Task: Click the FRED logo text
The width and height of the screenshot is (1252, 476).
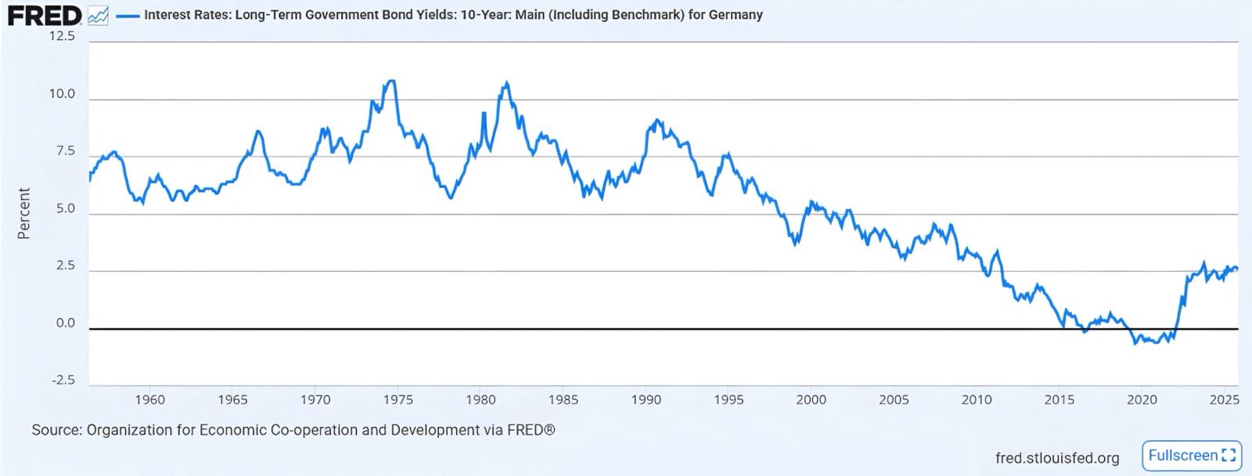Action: tap(45, 15)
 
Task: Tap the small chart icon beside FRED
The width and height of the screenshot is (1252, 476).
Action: tap(98, 15)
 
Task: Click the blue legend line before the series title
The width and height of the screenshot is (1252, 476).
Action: tap(127, 15)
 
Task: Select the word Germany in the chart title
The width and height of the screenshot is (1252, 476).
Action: tap(736, 15)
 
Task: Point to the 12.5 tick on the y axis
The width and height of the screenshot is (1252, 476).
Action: tap(62, 36)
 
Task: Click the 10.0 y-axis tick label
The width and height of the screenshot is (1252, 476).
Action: tap(62, 94)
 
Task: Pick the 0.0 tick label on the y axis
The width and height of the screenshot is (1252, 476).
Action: tap(66, 323)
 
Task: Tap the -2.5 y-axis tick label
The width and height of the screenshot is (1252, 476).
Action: tap(63, 380)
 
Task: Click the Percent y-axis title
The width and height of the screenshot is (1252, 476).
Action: tap(23, 213)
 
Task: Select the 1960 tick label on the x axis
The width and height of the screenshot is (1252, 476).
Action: tap(149, 399)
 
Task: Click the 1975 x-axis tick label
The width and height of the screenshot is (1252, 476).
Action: tap(398, 399)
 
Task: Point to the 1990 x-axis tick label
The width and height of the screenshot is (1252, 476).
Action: tap(646, 399)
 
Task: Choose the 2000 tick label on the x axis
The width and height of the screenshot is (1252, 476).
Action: tap(811, 399)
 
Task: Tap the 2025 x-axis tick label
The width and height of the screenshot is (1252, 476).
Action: tap(1224, 399)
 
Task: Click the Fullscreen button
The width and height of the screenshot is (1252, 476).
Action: tap(1192, 456)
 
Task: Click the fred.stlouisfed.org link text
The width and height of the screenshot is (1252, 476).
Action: tap(1057, 458)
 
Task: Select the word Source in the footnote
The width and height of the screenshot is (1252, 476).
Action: tap(56, 430)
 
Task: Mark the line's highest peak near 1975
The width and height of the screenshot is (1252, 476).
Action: tap(391, 81)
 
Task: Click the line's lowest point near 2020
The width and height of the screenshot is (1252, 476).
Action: tap(1135, 344)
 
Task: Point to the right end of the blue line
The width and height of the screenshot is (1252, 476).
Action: tap(1237, 269)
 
